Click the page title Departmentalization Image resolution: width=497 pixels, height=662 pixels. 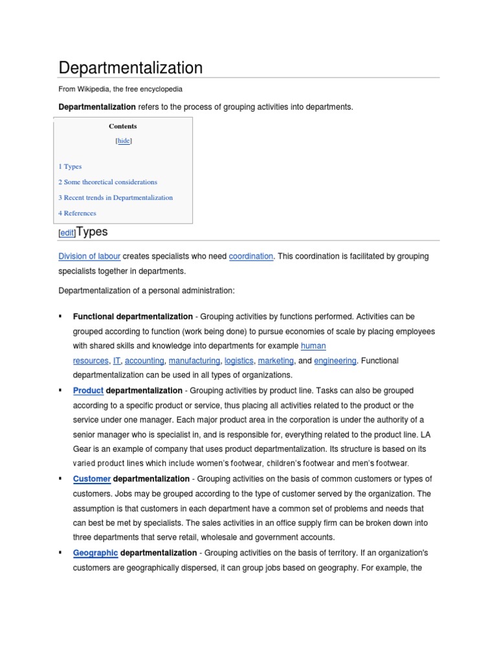(x=131, y=68)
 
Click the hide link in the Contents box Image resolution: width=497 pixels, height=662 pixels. (x=123, y=141)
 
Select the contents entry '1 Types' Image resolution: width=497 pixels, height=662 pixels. (x=70, y=167)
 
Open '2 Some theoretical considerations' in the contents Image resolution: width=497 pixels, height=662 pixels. (x=107, y=182)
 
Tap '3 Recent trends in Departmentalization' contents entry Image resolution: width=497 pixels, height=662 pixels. (x=115, y=198)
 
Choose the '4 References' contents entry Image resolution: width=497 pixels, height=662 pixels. (x=77, y=213)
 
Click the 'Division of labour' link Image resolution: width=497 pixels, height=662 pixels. (x=89, y=257)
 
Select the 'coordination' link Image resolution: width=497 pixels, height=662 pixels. (x=251, y=257)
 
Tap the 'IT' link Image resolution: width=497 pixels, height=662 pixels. (x=117, y=361)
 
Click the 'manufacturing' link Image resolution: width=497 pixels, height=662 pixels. (x=194, y=361)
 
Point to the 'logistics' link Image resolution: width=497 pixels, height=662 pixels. (x=239, y=361)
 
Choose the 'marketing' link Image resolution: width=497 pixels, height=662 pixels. (x=276, y=361)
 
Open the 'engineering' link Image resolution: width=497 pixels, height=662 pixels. (x=335, y=361)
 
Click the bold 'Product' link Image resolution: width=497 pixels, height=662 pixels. (x=88, y=391)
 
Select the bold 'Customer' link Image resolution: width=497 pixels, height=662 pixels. (x=92, y=479)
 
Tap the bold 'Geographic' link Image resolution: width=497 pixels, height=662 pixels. (x=95, y=553)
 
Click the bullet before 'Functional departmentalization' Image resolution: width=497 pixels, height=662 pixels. (x=60, y=316)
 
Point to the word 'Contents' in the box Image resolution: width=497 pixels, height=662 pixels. (x=122, y=127)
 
